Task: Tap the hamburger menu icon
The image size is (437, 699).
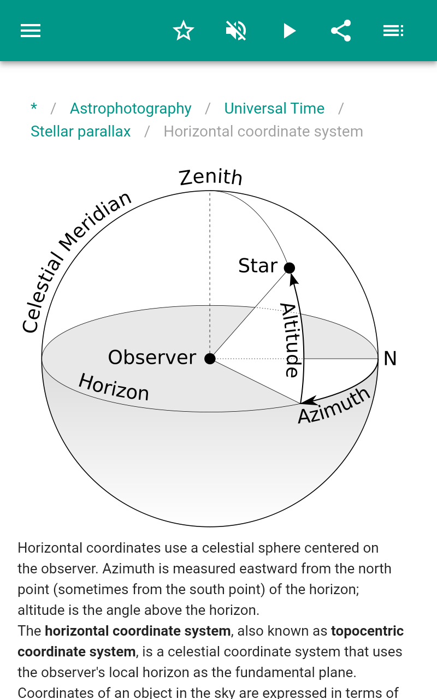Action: [x=31, y=31]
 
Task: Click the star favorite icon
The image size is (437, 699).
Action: [x=184, y=31]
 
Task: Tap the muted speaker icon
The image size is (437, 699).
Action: [x=237, y=31]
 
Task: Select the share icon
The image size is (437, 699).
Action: [x=341, y=31]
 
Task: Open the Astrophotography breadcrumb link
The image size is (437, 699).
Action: [x=131, y=109]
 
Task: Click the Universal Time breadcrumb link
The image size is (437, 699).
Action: [x=274, y=109]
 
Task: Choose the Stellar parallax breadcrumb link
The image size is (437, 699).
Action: [x=80, y=132]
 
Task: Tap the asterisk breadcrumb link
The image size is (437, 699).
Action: [x=34, y=108]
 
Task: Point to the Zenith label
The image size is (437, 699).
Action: [x=211, y=177]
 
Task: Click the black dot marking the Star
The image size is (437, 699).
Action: [x=290, y=268]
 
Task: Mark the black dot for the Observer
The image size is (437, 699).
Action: [x=210, y=359]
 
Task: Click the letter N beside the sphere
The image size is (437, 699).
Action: [x=390, y=359]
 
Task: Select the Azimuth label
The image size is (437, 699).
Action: [x=334, y=406]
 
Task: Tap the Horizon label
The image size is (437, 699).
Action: [x=114, y=387]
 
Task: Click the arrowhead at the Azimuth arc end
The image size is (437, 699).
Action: [x=309, y=401]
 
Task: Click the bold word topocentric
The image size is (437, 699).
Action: [x=367, y=631]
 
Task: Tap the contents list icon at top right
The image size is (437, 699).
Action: [x=393, y=31]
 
